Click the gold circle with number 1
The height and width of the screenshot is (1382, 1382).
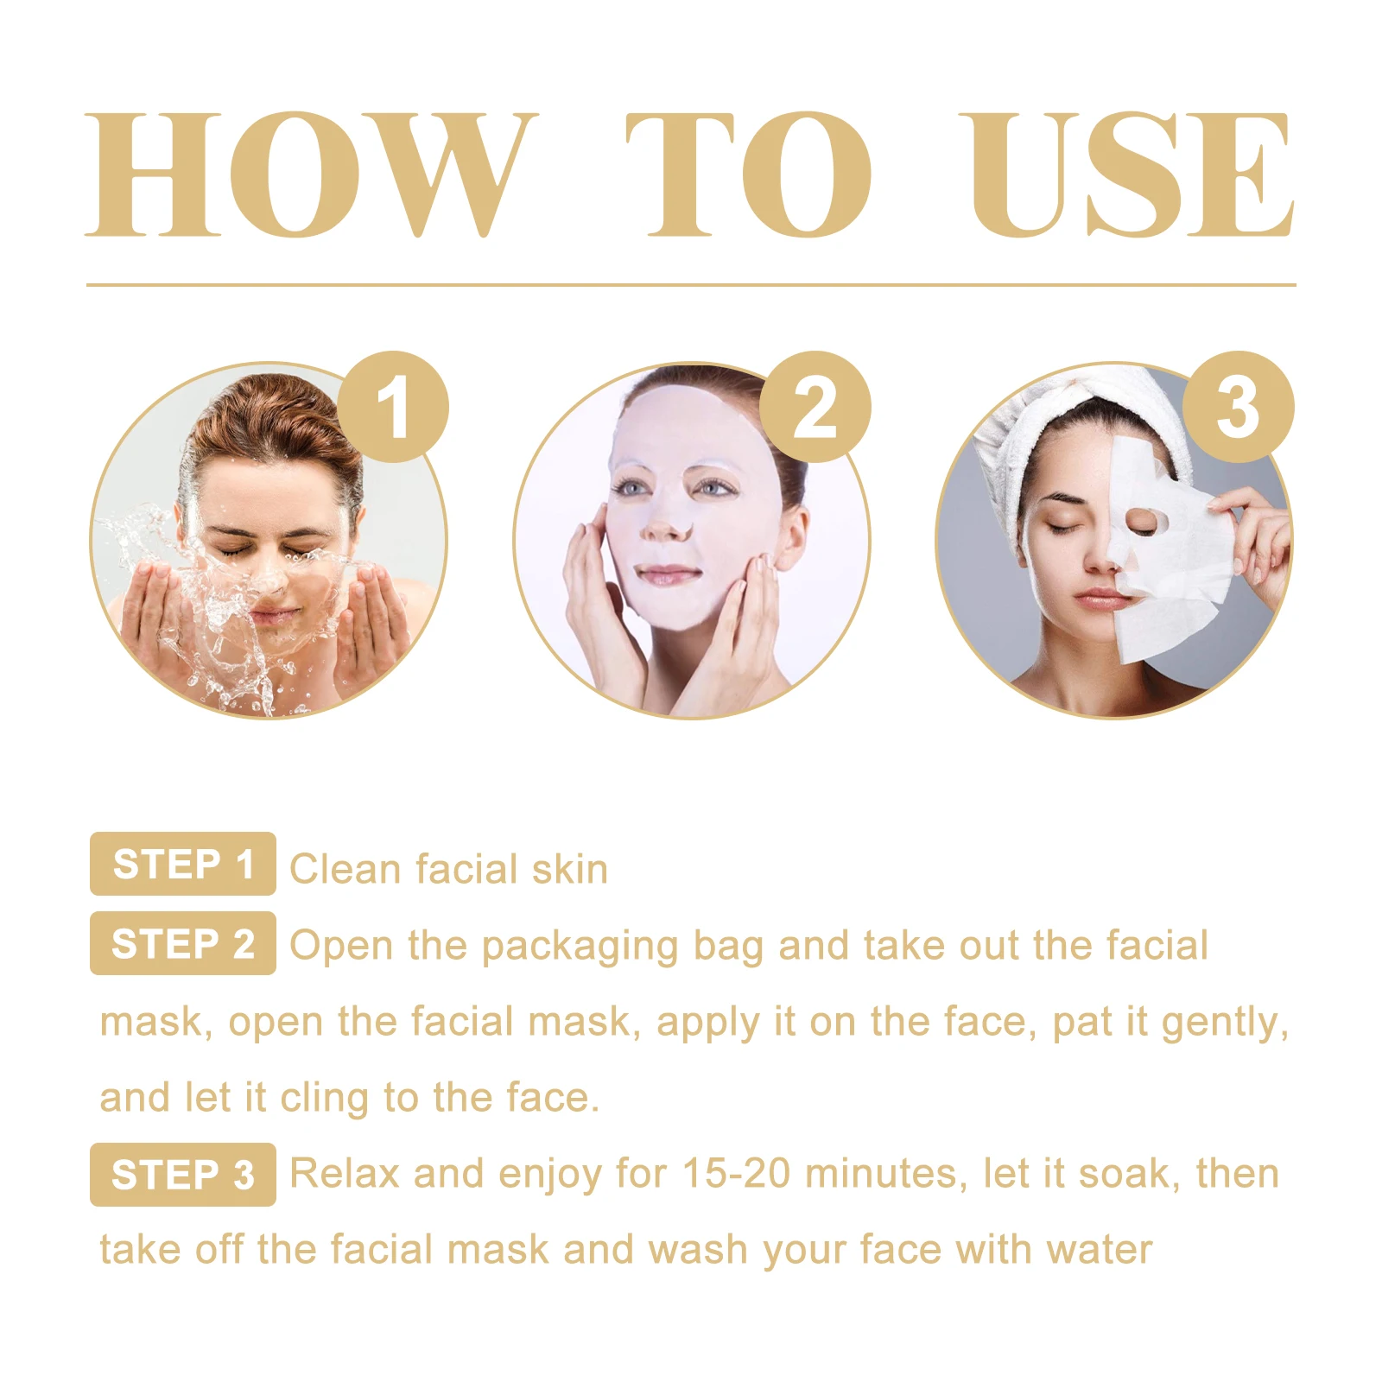point(393,407)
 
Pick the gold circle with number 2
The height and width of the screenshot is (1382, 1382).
point(815,407)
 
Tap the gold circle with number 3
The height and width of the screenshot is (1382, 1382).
point(1238,407)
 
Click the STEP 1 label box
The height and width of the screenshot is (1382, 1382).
point(183,864)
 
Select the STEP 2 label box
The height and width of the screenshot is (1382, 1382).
point(183,943)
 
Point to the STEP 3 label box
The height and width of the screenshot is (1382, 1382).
point(183,1175)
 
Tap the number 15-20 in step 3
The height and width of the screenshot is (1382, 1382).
point(736,1174)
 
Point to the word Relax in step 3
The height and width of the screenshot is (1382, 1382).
point(345,1174)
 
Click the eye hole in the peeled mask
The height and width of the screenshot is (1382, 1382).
point(1143,520)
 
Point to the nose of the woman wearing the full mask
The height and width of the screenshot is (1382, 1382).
point(668,519)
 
